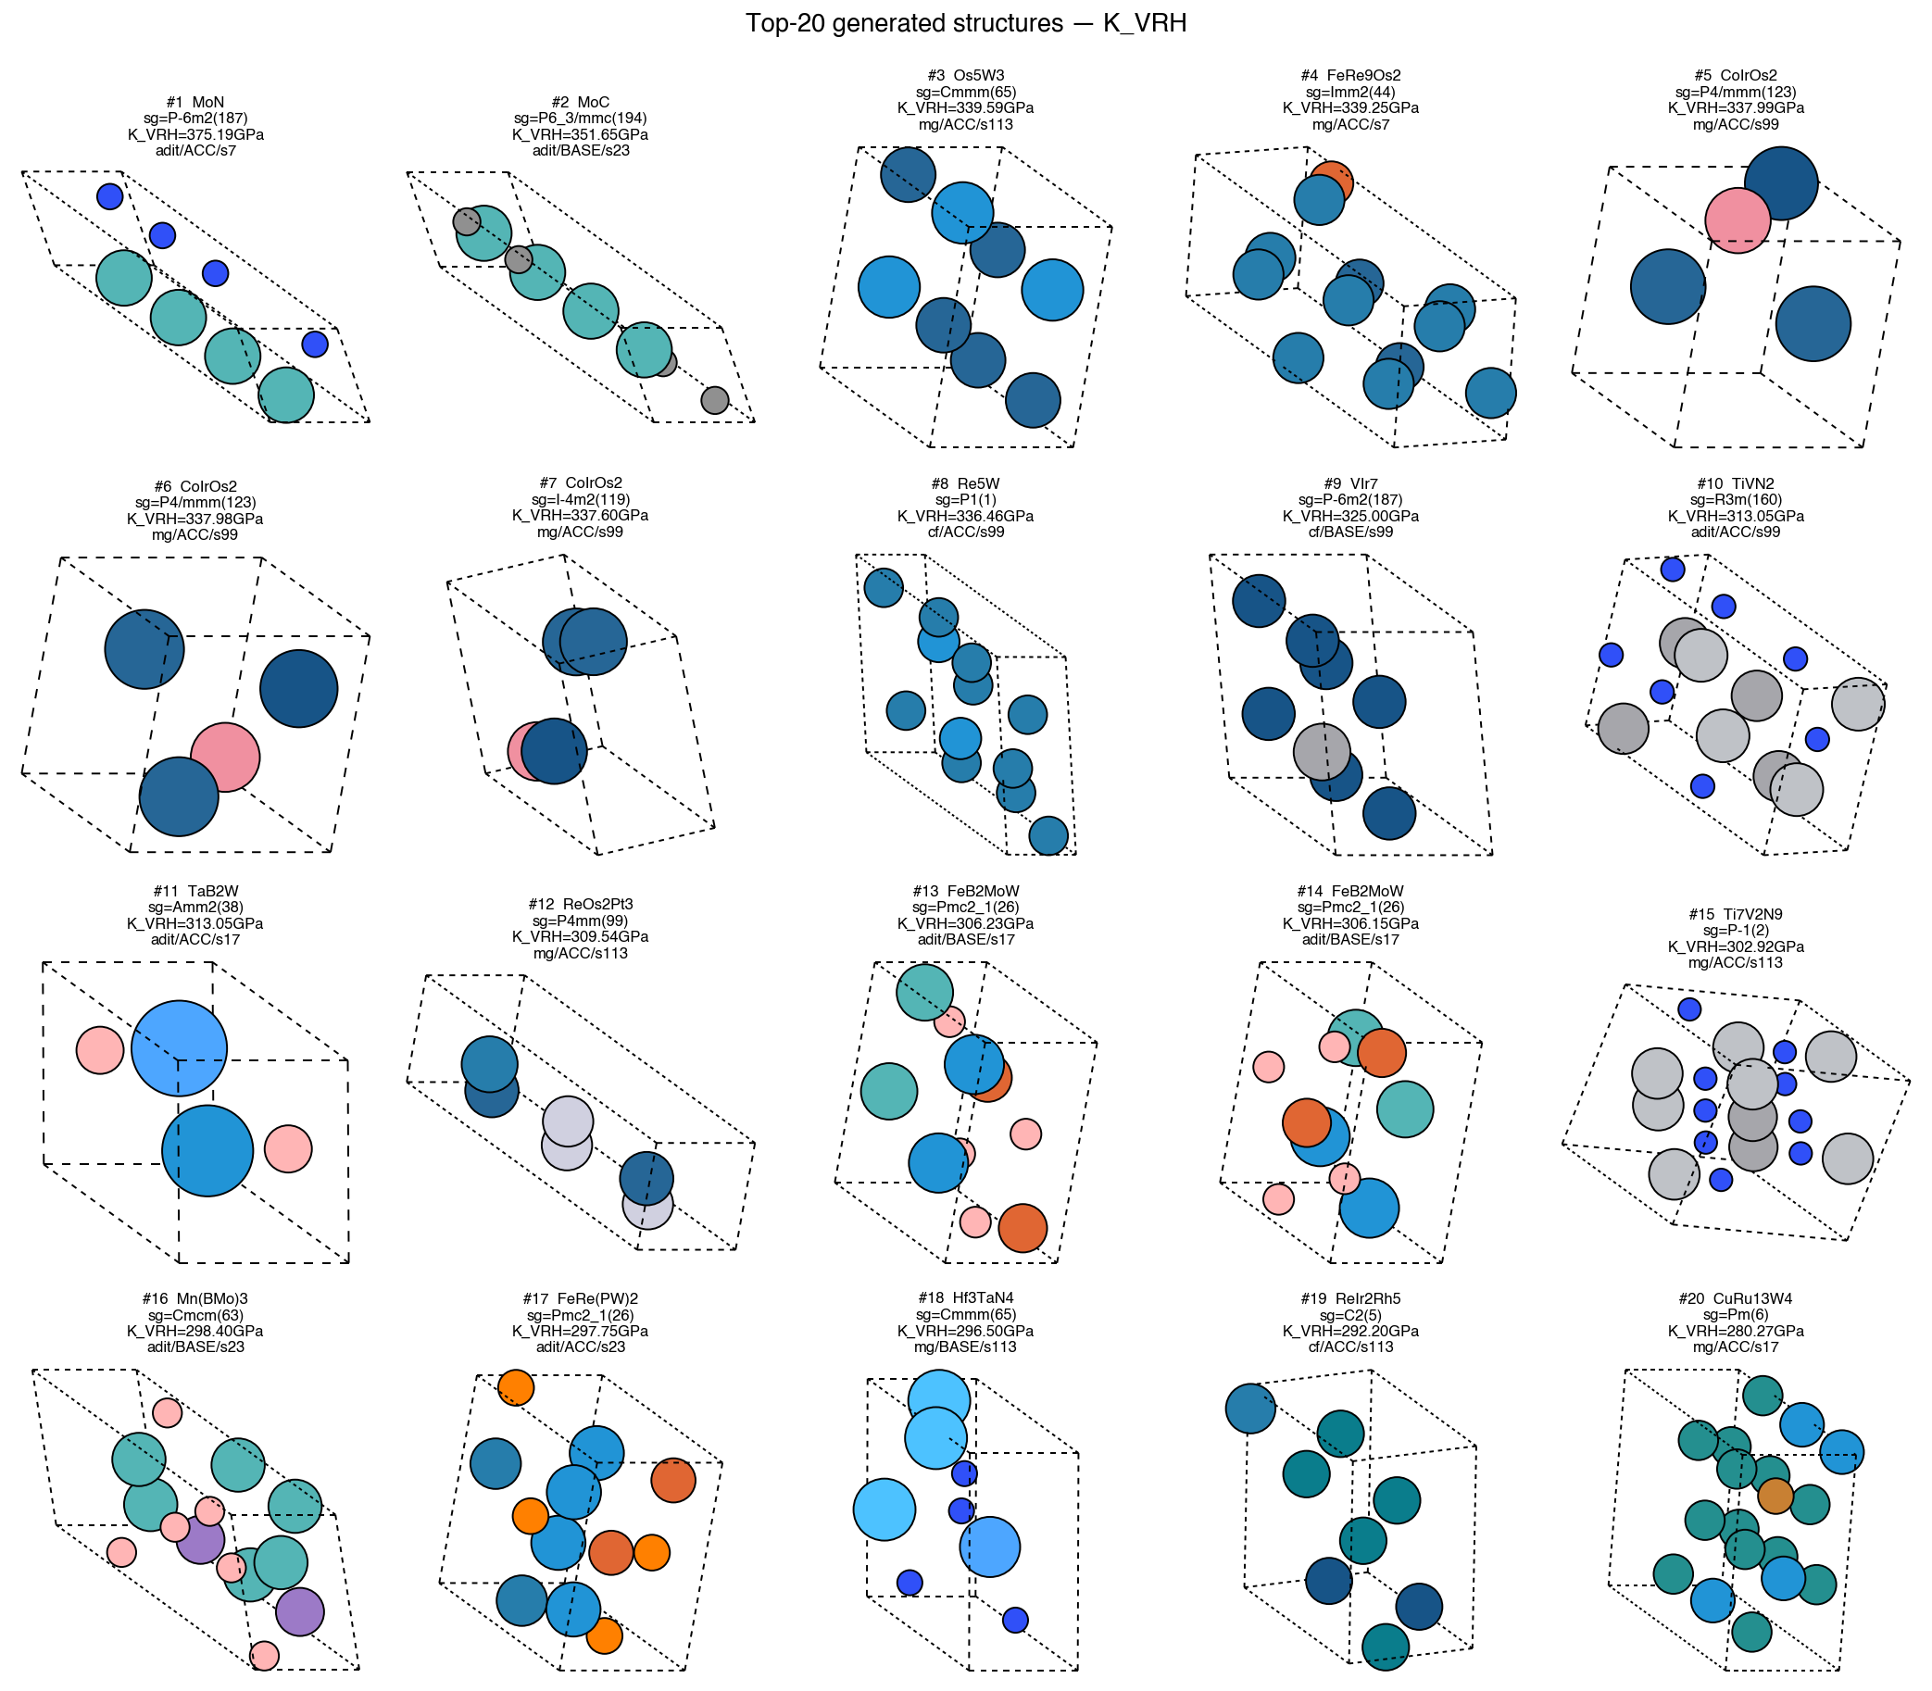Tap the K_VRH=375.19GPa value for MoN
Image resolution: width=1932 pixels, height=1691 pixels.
(x=195, y=134)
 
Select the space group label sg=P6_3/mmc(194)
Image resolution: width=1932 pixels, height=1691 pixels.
(x=581, y=118)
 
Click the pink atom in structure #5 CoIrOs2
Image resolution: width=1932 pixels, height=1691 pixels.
(x=1737, y=219)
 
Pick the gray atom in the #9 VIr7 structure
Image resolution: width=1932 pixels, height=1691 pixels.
(x=1322, y=751)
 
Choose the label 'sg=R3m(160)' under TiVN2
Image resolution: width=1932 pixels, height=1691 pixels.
(x=1736, y=500)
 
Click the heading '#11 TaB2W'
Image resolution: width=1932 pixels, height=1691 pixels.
(x=195, y=891)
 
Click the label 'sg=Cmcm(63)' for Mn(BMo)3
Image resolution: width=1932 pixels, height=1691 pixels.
(x=195, y=1314)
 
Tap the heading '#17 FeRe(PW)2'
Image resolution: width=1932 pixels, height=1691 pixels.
(x=581, y=1298)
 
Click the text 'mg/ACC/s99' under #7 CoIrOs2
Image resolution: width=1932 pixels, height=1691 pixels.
(x=581, y=532)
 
